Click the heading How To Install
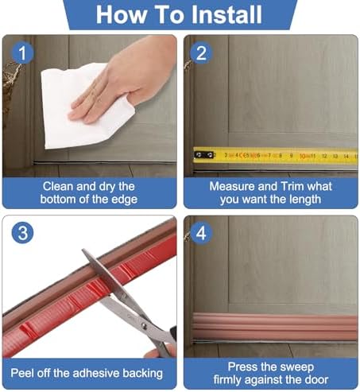pyautogui.click(x=180, y=15)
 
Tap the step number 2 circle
pyautogui.click(x=201, y=52)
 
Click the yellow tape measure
pyautogui.click(x=275, y=154)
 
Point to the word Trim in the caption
pyautogui.click(x=294, y=186)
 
